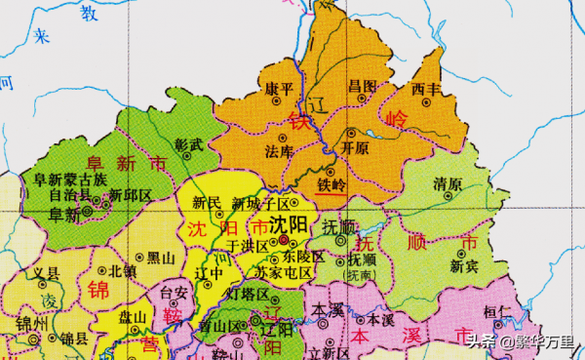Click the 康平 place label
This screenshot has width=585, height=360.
click(x=280, y=87)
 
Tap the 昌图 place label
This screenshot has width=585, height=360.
click(x=362, y=87)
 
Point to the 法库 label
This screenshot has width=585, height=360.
click(x=280, y=151)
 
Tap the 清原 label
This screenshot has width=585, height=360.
click(x=447, y=183)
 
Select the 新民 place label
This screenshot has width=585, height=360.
click(x=207, y=204)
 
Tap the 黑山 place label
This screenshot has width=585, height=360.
click(x=162, y=258)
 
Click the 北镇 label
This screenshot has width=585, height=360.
click(x=123, y=270)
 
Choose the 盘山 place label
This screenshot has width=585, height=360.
click(x=132, y=317)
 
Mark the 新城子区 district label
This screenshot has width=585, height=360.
click(x=261, y=204)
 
